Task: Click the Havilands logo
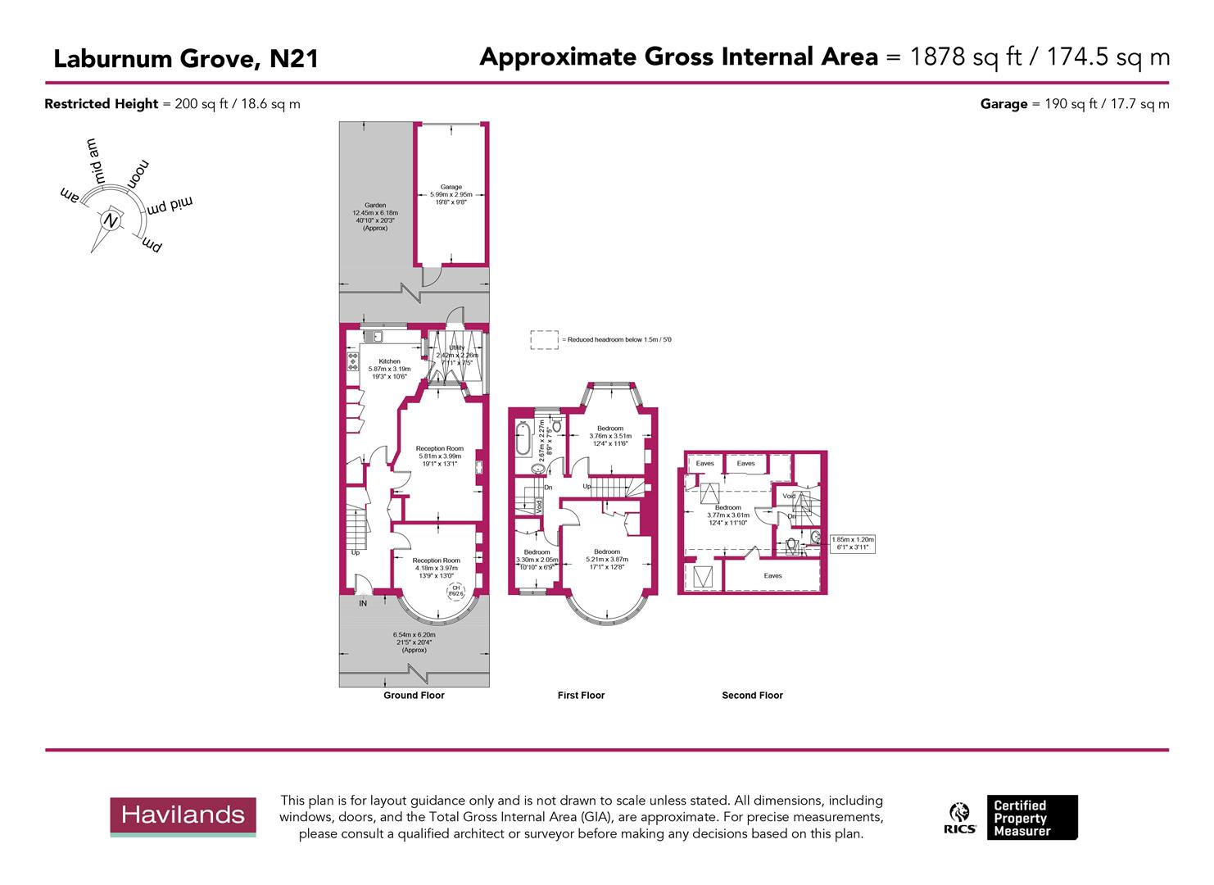[x=183, y=816]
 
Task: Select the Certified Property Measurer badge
[x=1031, y=817]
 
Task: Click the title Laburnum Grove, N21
[x=185, y=59]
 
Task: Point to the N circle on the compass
[x=110, y=220]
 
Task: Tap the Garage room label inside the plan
[x=451, y=187]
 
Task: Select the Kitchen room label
[x=389, y=361]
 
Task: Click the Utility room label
[x=455, y=348]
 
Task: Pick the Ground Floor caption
[x=414, y=695]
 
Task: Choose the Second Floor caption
[x=752, y=695]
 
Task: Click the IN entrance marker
[x=363, y=603]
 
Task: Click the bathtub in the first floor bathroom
[x=523, y=439]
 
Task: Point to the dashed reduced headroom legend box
[x=543, y=339]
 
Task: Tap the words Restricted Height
[x=101, y=104]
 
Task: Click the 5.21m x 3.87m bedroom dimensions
[x=607, y=560]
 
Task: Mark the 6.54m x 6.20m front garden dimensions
[x=414, y=634]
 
